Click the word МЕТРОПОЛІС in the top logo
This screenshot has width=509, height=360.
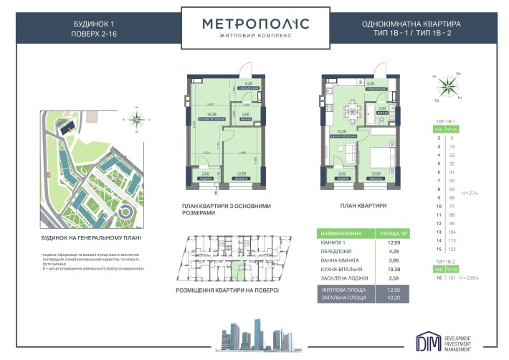pyautogui.click(x=255, y=24)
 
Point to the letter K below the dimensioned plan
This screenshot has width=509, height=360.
pyautogui.click(x=216, y=191)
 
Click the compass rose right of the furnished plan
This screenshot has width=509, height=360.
pyautogui.click(x=450, y=85)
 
